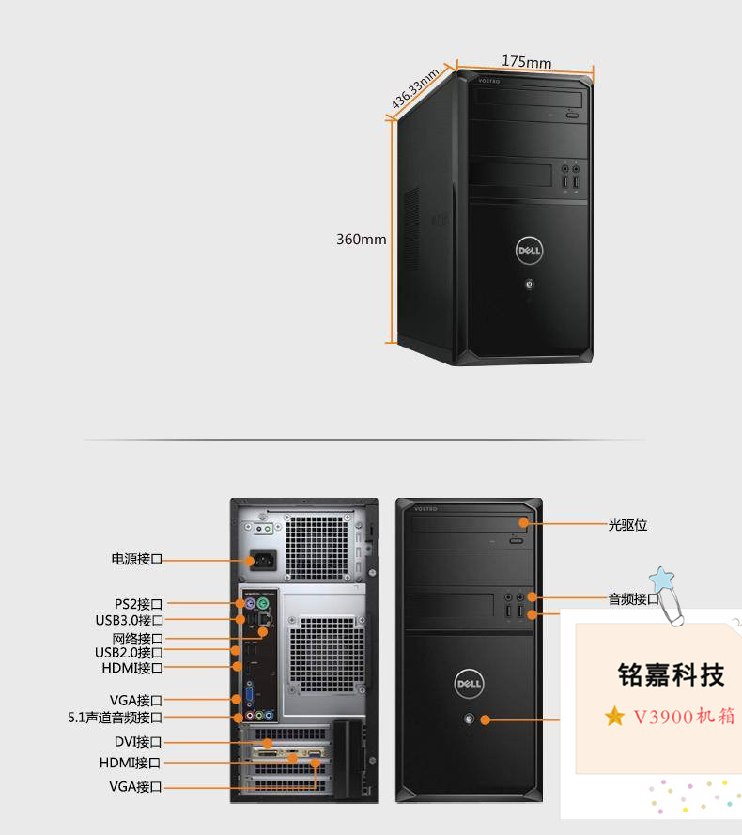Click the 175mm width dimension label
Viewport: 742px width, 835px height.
coord(526,62)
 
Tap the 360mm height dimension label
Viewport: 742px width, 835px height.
coord(362,240)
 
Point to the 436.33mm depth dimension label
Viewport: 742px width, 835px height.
coord(416,89)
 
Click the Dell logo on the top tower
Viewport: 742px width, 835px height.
coord(527,250)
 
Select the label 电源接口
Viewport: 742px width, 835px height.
coord(137,560)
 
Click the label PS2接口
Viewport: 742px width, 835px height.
coord(139,604)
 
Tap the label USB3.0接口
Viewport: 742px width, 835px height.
coord(130,620)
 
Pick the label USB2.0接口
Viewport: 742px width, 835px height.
coord(130,653)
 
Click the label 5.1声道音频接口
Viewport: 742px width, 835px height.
coord(116,718)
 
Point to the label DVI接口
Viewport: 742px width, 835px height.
coord(138,742)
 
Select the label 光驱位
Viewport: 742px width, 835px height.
coord(627,525)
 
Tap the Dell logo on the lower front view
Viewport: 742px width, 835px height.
coord(469,685)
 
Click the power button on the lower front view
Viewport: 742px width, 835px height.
coord(468,720)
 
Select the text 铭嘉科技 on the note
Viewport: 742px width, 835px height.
coord(672,674)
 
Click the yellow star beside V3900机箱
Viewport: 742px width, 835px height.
coord(615,717)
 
